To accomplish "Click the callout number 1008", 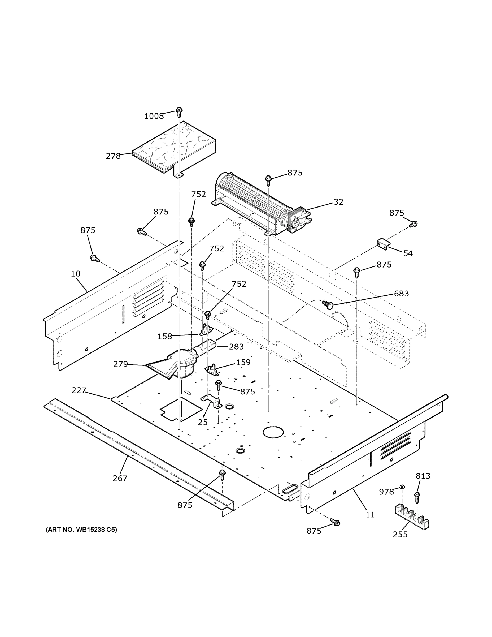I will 154,116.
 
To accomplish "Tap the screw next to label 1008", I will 179,112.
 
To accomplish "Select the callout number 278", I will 113,156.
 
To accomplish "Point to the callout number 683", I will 401,293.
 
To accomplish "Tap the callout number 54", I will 408,253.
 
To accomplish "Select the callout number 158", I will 165,336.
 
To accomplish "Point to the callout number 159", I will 243,362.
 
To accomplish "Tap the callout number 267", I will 120,478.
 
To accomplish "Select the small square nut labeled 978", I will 402,486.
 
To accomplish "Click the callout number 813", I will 423,476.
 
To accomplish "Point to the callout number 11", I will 370,515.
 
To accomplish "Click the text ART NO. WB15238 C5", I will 81,530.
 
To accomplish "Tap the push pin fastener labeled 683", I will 328,305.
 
